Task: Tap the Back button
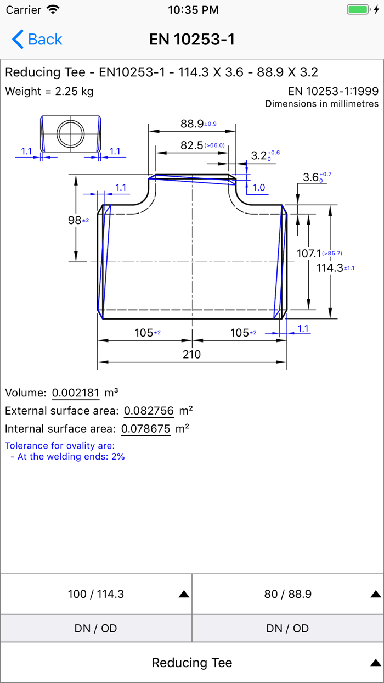coord(37,40)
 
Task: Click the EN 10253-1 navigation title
coord(192,40)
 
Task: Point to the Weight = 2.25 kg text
coord(49,91)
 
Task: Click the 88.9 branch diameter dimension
coord(192,124)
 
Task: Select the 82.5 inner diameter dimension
coord(191,145)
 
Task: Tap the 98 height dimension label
coord(75,220)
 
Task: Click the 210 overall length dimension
coord(191,354)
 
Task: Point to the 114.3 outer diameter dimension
coord(330,268)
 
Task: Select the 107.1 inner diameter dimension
coord(309,254)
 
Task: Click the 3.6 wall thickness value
coord(310,177)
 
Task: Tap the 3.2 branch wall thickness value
coord(259,155)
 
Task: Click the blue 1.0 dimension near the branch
coord(259,187)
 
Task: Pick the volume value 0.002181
coord(76,393)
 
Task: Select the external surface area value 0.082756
coord(149,411)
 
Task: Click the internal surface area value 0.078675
coord(146,429)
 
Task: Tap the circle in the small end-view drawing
coord(71,133)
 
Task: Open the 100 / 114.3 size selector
coord(96,594)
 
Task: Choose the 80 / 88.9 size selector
coord(288,594)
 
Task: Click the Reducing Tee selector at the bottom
coord(192,663)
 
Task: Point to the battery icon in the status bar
coord(358,10)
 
